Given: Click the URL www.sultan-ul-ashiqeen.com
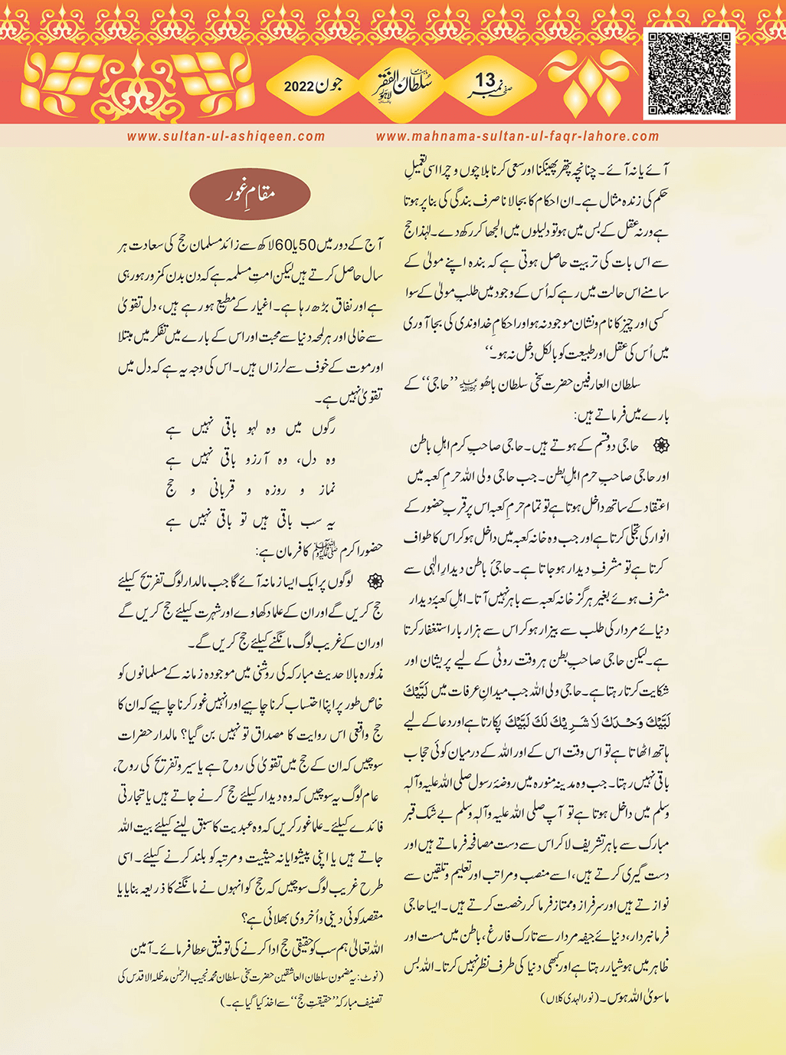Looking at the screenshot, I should (x=226, y=136).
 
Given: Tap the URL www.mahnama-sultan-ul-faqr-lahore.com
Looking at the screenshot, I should (x=517, y=136).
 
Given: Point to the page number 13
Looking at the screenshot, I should (x=486, y=80).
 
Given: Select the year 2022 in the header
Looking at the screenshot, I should (x=300, y=87).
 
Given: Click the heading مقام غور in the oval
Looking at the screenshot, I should (x=250, y=193).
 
